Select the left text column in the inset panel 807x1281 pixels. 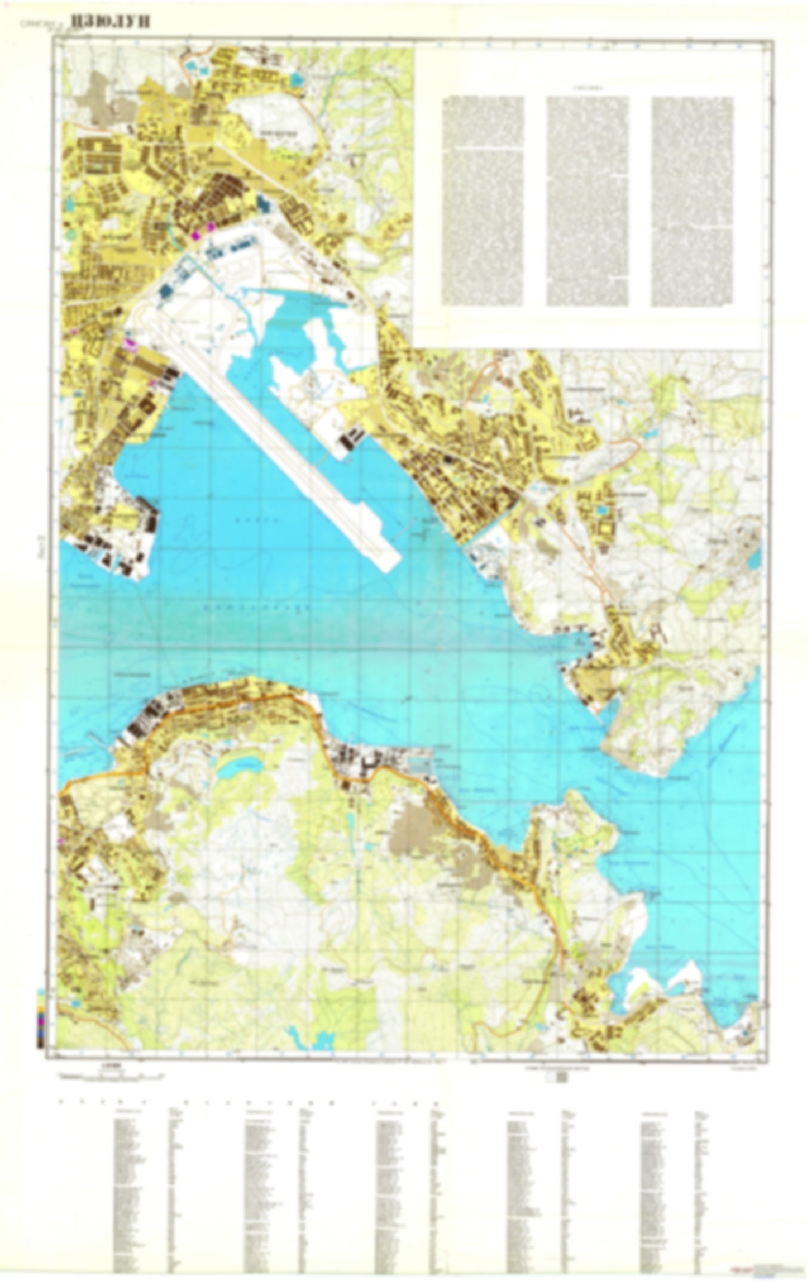(x=483, y=201)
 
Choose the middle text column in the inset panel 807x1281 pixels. (x=588, y=201)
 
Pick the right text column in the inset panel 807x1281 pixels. (x=692, y=201)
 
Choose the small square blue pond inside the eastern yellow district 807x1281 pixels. (x=602, y=510)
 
